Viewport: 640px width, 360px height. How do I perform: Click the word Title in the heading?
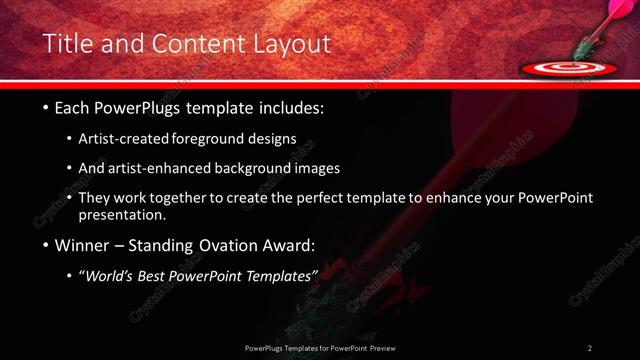click(70, 45)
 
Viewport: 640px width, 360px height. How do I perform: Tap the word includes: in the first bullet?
click(289, 107)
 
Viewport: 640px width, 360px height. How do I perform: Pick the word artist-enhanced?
click(163, 168)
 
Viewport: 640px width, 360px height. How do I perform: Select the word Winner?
click(74, 245)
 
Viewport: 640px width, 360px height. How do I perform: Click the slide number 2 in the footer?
click(589, 348)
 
